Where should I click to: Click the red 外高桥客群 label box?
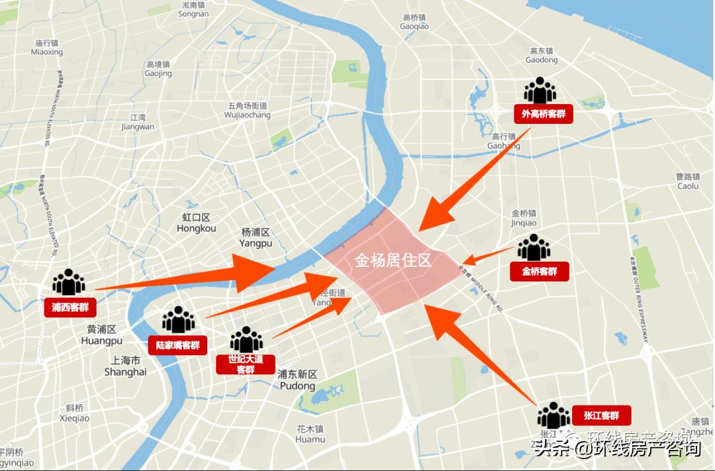[543, 114]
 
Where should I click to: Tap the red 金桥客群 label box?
[540, 271]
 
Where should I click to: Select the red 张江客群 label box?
[601, 415]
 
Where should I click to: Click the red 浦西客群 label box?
[70, 307]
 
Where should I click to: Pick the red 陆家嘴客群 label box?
[177, 345]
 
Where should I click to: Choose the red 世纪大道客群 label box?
[246, 364]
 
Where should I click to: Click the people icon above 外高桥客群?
[540, 91]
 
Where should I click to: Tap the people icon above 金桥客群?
[534, 248]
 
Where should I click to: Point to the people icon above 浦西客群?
[69, 282]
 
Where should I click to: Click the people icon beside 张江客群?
[553, 415]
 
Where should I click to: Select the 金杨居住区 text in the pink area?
[393, 260]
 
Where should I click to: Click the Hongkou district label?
[197, 223]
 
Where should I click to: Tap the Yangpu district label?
[256, 238]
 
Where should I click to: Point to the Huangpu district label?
[101, 335]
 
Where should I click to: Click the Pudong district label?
[297, 380]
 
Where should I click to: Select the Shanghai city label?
[125, 366]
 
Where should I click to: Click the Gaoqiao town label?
[414, 22]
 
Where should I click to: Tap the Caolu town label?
[688, 182]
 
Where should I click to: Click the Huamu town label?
[310, 434]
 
